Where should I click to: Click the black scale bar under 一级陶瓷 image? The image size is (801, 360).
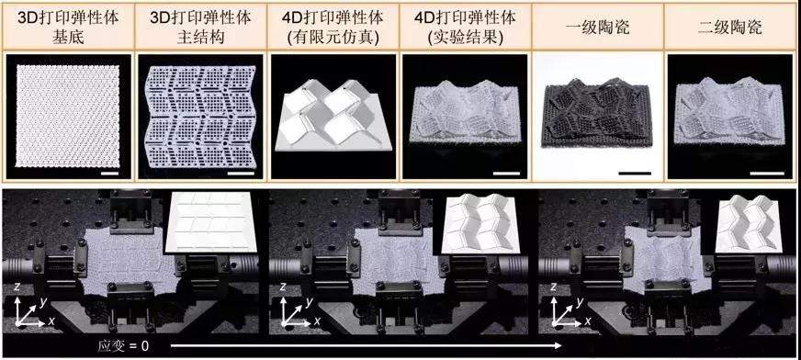(635, 173)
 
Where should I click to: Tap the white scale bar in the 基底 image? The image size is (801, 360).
(110, 174)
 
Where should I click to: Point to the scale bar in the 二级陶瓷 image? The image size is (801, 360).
(767, 173)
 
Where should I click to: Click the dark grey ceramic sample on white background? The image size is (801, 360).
(598, 112)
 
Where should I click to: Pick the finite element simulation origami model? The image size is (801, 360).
(333, 115)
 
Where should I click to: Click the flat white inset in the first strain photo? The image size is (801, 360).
(210, 221)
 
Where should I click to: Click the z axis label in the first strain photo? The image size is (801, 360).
(17, 288)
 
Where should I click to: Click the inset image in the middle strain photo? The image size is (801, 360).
(477, 222)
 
